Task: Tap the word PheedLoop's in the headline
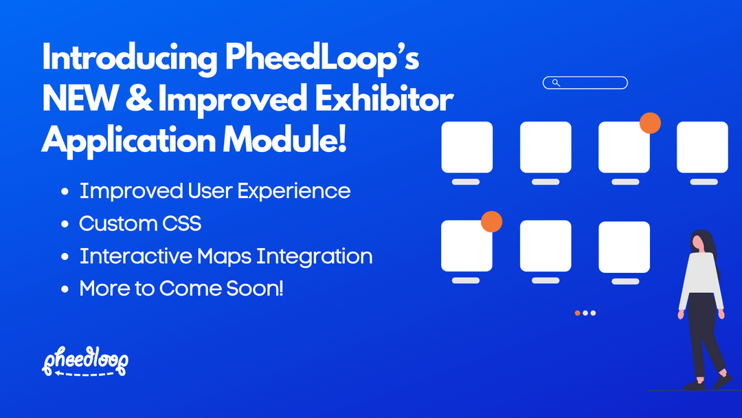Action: (322, 60)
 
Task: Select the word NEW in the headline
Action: (71, 100)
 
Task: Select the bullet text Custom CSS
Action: (140, 223)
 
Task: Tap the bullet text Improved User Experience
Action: (215, 190)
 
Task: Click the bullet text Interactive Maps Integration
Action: (226, 256)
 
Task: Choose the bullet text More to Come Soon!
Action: (181, 289)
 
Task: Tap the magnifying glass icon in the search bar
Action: (556, 83)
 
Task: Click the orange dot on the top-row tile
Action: (650, 123)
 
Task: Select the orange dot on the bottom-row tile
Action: (491, 221)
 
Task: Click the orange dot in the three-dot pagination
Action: (577, 313)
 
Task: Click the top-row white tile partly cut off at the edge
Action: (702, 147)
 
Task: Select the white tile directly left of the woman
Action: (624, 246)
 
